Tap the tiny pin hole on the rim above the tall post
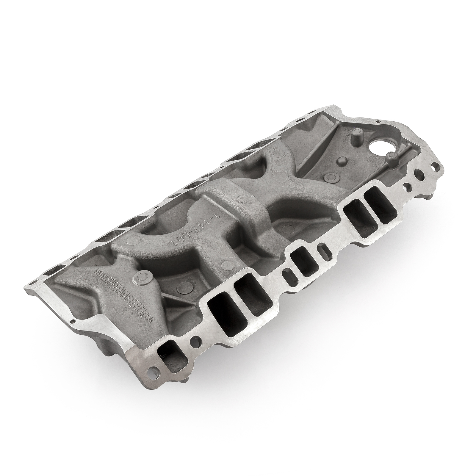click(378, 122)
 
